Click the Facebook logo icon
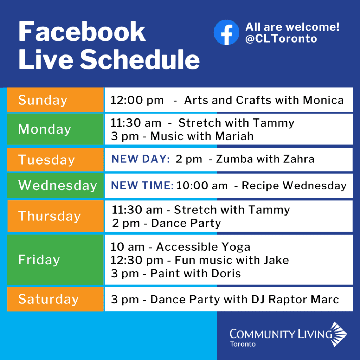point(226,32)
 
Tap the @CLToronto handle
point(281,39)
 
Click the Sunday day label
point(43,100)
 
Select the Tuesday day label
point(46,160)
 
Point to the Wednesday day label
point(58,185)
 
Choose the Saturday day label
point(49,299)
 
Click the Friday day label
point(39,260)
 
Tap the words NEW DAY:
point(141,159)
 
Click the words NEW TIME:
point(142,186)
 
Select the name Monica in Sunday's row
point(323,100)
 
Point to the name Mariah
point(234,136)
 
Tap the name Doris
point(226,274)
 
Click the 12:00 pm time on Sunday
point(137,100)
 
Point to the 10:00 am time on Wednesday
point(202,186)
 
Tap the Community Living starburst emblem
point(339,334)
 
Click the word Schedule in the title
point(140,59)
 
